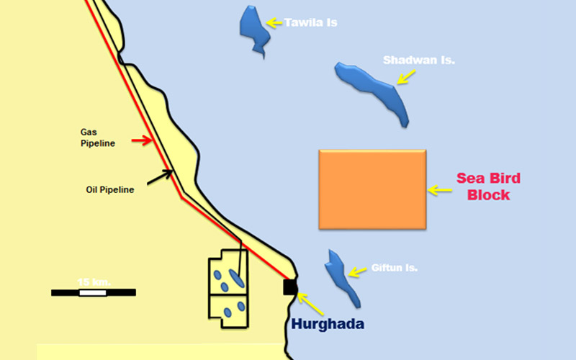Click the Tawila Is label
coord(310,23)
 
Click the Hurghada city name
coord(328,324)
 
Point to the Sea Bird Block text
coord(488,186)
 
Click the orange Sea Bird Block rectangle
coord(372,190)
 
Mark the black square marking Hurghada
coord(289,288)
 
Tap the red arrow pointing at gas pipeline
coord(142,140)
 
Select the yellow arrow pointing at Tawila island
coord(274,23)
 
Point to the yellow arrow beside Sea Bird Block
coord(438,190)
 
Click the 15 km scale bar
coord(93,292)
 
